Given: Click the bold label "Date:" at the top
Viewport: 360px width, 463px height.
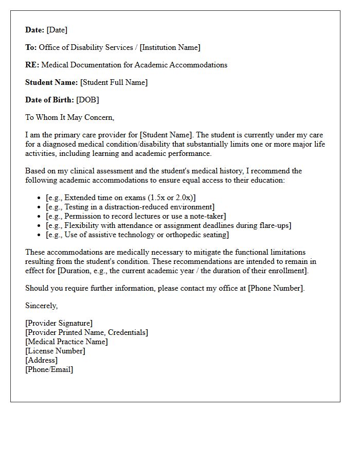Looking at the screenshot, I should coord(35,30).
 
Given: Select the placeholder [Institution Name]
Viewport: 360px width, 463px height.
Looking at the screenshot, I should coord(170,47).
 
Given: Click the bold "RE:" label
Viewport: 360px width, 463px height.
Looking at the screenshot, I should coord(32,65).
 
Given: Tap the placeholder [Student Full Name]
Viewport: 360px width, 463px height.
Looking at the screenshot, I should coord(114,82).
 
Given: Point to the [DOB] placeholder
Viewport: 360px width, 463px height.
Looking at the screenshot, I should coord(87,100).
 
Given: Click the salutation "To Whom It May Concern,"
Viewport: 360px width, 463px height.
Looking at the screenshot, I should coord(69,117).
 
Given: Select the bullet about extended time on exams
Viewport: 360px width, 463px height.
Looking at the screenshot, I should coord(120,198).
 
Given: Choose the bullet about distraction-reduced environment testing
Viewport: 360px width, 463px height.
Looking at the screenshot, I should coord(130,207).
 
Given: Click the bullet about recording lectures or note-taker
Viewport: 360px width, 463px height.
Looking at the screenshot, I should coord(136,216).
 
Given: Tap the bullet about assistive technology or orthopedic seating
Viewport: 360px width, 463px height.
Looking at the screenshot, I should coord(137,235).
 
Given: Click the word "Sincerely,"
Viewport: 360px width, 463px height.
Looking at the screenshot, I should coord(42,306).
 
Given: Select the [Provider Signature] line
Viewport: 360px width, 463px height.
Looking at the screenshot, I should coord(59,323).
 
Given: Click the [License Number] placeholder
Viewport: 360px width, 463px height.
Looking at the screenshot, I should coord(55,351).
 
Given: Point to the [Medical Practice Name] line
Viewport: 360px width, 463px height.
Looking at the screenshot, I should coord(66,342).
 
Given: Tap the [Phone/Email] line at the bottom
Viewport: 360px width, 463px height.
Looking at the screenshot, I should coord(49,369).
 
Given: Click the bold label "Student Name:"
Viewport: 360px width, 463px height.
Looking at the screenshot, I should coord(51,82).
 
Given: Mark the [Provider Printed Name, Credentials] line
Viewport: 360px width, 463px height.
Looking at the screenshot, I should coord(86,332).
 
